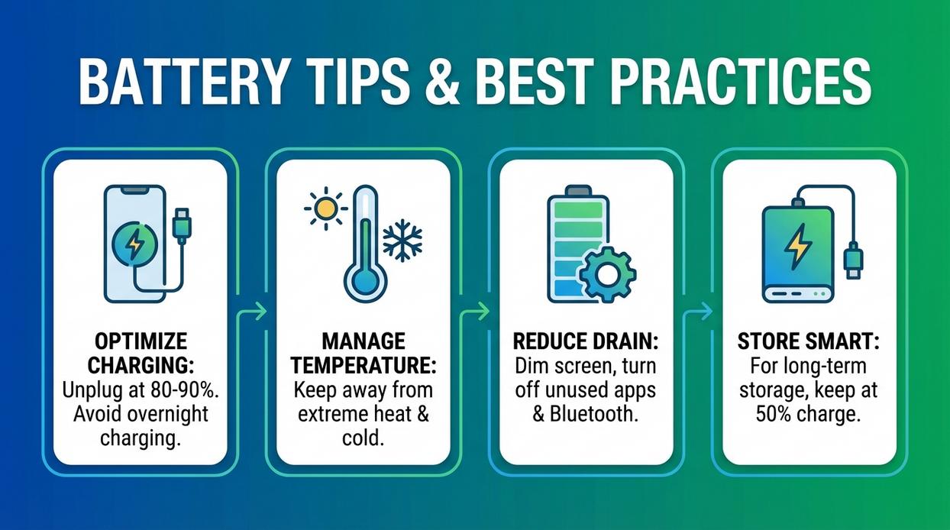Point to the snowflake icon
(402, 241)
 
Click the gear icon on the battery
(607, 273)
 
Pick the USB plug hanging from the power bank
(853, 260)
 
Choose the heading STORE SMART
(809, 341)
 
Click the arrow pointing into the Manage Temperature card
(258, 311)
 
